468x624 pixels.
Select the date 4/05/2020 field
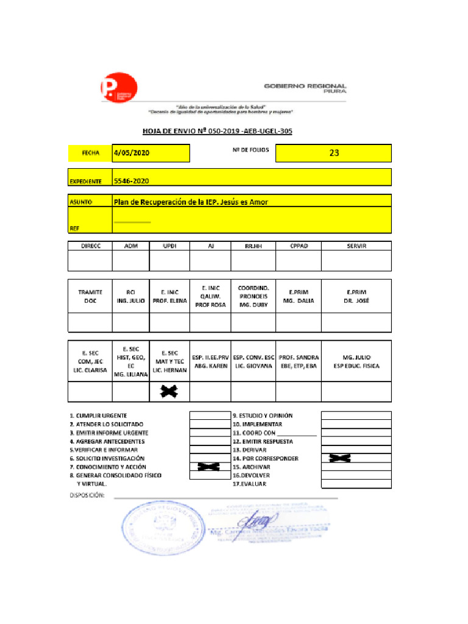(x=151, y=154)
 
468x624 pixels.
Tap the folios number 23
(x=333, y=154)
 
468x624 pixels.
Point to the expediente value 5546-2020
(x=132, y=181)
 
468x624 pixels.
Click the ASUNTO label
(x=80, y=202)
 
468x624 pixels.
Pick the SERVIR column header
(x=356, y=246)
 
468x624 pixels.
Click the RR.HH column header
(x=252, y=246)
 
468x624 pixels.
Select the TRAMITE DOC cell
(x=90, y=296)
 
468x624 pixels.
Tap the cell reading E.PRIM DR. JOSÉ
(x=356, y=296)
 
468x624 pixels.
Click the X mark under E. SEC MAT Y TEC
(x=169, y=391)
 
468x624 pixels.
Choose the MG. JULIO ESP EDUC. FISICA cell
(x=356, y=361)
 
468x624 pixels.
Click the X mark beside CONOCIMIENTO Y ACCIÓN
(x=208, y=467)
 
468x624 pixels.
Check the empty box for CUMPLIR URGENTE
(x=208, y=416)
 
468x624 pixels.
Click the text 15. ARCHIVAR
(x=252, y=467)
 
